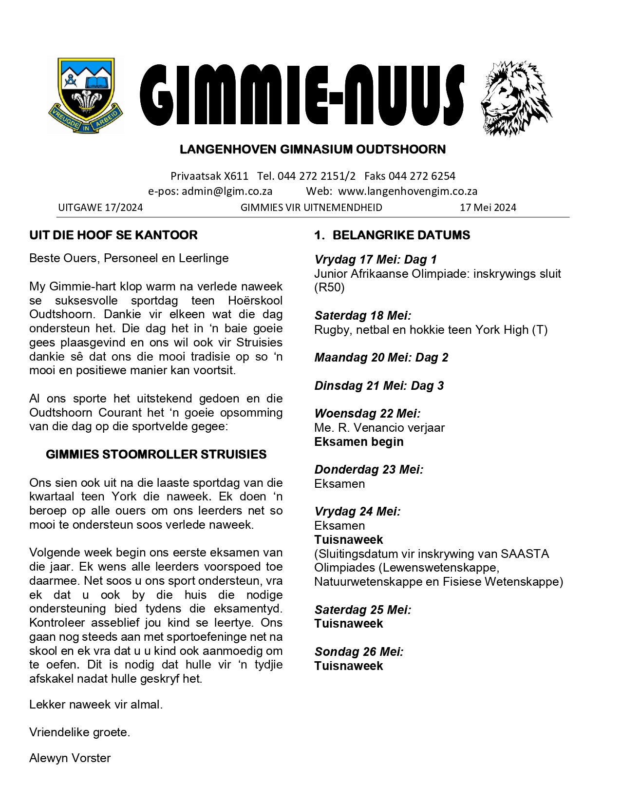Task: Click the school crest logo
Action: coord(85,96)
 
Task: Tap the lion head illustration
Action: coord(516,98)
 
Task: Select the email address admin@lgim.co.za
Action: coord(227,191)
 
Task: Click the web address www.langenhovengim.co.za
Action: coord(408,191)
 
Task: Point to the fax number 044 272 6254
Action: coord(422,176)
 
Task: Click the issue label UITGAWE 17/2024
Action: coord(100,208)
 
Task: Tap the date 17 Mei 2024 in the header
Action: coord(488,208)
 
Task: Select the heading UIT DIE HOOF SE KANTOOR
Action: coord(113,235)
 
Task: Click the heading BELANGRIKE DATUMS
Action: coord(401,235)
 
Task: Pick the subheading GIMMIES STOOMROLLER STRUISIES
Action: coord(156,455)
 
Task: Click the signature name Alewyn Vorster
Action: coord(70,758)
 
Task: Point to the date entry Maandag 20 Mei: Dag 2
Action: coord(381,358)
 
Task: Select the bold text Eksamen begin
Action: coord(359,442)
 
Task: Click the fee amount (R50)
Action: coord(330,287)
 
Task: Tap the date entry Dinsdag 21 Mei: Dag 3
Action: coord(379,386)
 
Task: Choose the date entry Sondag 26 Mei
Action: coord(359,652)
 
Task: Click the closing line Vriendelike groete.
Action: coord(79,732)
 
